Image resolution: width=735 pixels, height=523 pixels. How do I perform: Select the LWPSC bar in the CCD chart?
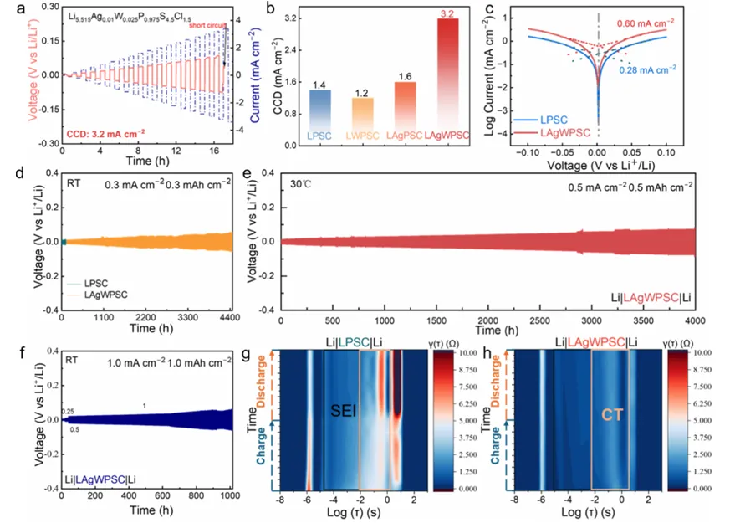pyautogui.click(x=361, y=122)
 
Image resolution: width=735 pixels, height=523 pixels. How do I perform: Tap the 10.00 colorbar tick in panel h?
pyautogui.click(x=702, y=354)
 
